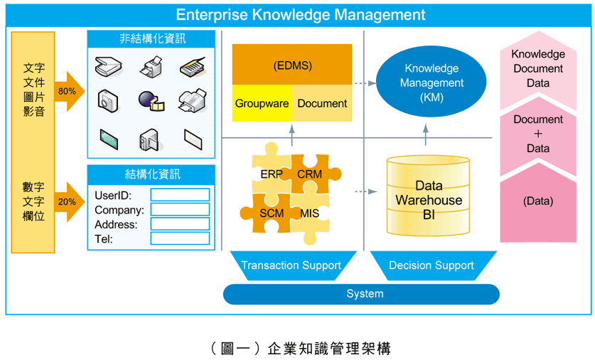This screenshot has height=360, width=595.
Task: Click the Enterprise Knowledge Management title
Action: pyautogui.click(x=300, y=15)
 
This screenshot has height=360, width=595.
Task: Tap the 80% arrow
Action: pyautogui.click(x=68, y=91)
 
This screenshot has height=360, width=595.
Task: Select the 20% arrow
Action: pyautogui.click(x=68, y=201)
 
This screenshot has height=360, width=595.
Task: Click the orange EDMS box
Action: pyautogui.click(x=292, y=65)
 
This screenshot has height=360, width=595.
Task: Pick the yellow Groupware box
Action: pyautogui.click(x=262, y=104)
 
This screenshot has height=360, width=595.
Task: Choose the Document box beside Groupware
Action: pyautogui.click(x=322, y=104)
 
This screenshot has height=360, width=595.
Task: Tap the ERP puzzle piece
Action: pyautogui.click(x=271, y=173)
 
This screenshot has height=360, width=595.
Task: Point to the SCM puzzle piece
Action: pyautogui.click(x=270, y=213)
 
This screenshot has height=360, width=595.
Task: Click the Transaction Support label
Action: pyautogui.click(x=291, y=265)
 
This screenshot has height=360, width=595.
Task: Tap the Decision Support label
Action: pyautogui.click(x=431, y=265)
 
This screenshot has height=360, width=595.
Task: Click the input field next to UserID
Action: pyautogui.click(x=180, y=195)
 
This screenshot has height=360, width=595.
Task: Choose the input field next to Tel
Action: pyautogui.click(x=180, y=238)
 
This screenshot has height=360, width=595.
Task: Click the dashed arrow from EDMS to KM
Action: pyautogui.click(x=364, y=83)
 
